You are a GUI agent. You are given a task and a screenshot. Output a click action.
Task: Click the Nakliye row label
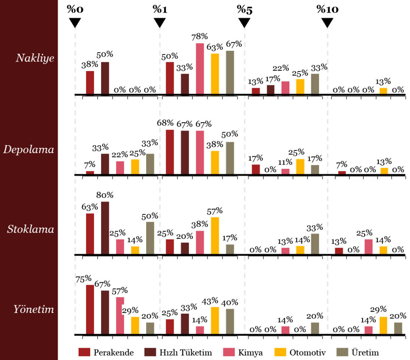point(35,58)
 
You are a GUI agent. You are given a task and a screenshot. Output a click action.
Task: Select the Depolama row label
point(29,150)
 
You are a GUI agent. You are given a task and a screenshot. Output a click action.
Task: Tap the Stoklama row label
point(31,229)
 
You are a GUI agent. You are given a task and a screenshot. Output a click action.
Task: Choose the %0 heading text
point(75,9)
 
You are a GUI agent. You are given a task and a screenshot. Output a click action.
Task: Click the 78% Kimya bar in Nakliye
point(200,69)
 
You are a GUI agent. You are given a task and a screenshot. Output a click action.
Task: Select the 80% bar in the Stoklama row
point(105,228)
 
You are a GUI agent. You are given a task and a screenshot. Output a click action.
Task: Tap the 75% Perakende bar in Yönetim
point(90,310)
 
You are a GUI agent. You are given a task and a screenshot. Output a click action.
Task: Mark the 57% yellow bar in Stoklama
point(215,236)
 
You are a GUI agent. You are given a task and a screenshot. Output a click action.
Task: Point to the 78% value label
point(200,37)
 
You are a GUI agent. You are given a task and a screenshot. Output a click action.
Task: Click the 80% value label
point(105,195)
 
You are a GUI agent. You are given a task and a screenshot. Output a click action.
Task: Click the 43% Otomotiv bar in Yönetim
point(215,321)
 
